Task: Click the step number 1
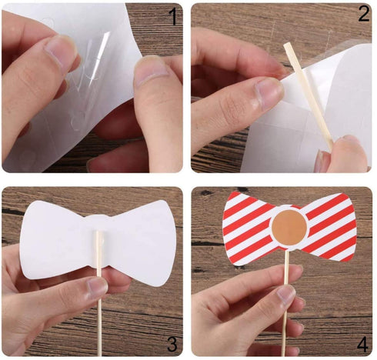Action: tap(172, 16)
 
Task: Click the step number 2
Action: tap(364, 13)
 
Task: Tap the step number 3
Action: tap(172, 344)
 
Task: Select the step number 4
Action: tap(362, 345)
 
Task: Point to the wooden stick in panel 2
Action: tap(309, 96)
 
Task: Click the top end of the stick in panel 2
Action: tap(287, 44)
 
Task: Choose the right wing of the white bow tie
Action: tap(143, 242)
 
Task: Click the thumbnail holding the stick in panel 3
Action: tap(97, 288)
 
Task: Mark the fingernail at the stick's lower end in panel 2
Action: tap(320, 161)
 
